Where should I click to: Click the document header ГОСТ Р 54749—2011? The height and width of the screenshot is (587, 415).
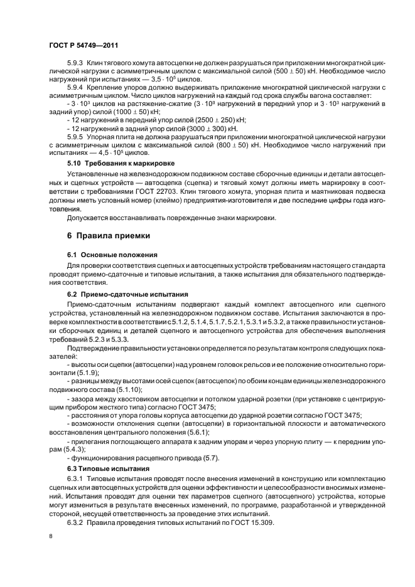click(83, 46)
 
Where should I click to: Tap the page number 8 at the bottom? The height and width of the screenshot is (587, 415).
click(51, 536)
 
